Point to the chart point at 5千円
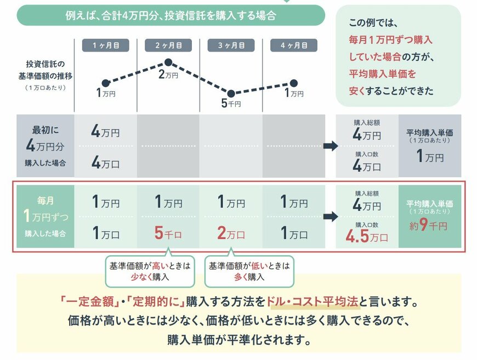coord(231,94)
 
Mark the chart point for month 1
coord(105,83)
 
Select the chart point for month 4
coord(293,83)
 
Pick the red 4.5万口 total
coord(367,238)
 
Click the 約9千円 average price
coord(429,226)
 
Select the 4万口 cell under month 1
coord(105,164)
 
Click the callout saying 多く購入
coord(249,271)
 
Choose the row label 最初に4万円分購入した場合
coord(45,146)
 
